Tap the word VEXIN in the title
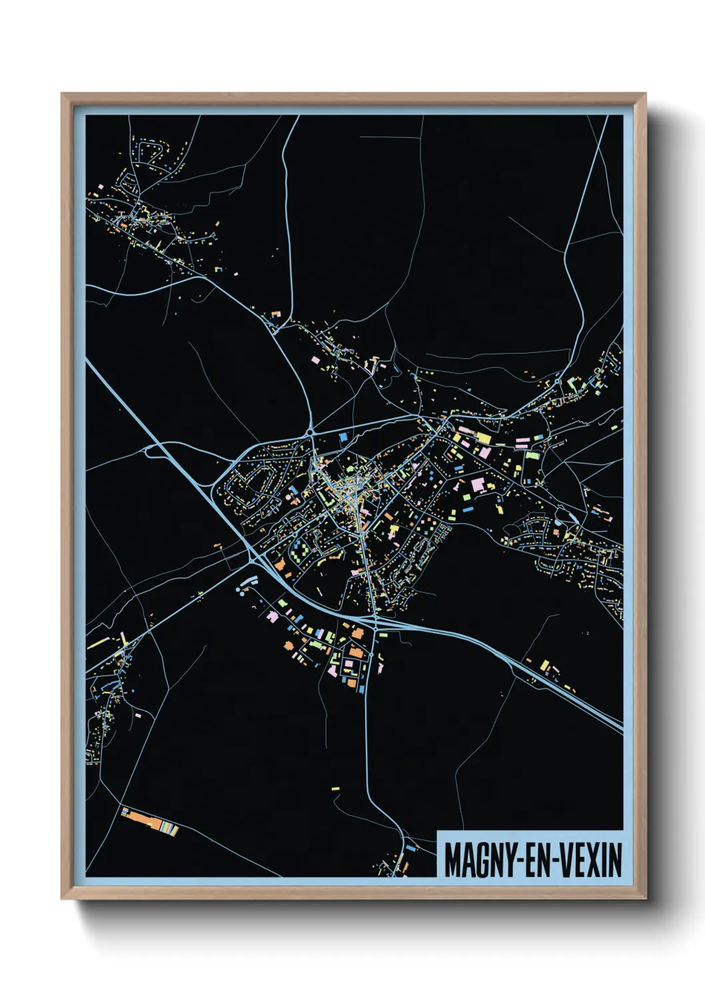(x=590, y=860)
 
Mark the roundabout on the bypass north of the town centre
(x=311, y=433)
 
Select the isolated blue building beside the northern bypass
(x=344, y=437)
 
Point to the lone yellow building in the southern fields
(x=336, y=789)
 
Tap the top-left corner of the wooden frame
(x=63, y=95)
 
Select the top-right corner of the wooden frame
(x=644, y=95)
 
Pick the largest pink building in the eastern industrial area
(x=478, y=484)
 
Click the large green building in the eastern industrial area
(x=532, y=456)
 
